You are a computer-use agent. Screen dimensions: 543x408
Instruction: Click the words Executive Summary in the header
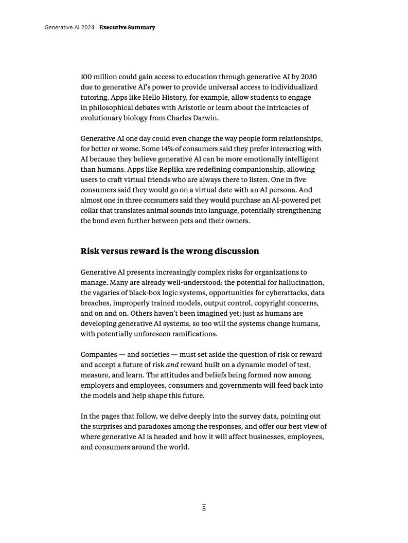pyautogui.click(x=127, y=27)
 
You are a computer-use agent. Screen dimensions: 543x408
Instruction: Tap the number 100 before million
pyautogui.click(x=86, y=77)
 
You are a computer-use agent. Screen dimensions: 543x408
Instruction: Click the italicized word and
pyautogui.click(x=172, y=365)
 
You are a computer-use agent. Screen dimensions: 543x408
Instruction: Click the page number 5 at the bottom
pyautogui.click(x=204, y=509)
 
